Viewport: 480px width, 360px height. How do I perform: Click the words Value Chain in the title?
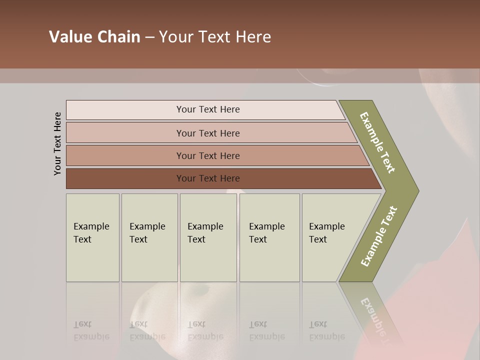pyautogui.click(x=94, y=37)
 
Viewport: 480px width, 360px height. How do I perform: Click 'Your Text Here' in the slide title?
pyautogui.click(x=215, y=37)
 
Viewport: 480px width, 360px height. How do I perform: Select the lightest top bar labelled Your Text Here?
pyautogui.click(x=207, y=109)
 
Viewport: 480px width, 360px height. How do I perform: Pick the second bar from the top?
pyautogui.click(x=207, y=133)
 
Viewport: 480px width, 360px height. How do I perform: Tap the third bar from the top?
pyautogui.click(x=207, y=155)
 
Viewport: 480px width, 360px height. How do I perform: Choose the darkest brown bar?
pyautogui.click(x=207, y=178)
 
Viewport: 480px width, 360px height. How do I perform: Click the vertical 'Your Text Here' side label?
pyautogui.click(x=57, y=143)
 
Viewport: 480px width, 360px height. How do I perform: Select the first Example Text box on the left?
pyautogui.click(x=92, y=237)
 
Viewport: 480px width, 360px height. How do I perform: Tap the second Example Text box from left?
pyautogui.click(x=149, y=237)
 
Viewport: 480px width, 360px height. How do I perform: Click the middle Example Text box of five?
pyautogui.click(x=208, y=237)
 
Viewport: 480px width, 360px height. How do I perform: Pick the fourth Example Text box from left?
pyautogui.click(x=269, y=237)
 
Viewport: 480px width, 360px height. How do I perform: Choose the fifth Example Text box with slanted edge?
pyautogui.click(x=330, y=237)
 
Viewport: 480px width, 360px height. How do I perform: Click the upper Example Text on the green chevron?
pyautogui.click(x=377, y=142)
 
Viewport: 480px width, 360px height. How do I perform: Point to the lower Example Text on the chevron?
pyautogui.click(x=379, y=236)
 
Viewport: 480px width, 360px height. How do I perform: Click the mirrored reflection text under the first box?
pyautogui.click(x=91, y=330)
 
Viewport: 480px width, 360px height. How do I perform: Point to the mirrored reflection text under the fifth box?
pyautogui.click(x=327, y=330)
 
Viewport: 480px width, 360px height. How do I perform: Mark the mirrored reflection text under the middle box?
pyautogui.click(x=205, y=330)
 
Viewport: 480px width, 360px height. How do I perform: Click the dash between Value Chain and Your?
pyautogui.click(x=149, y=37)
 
